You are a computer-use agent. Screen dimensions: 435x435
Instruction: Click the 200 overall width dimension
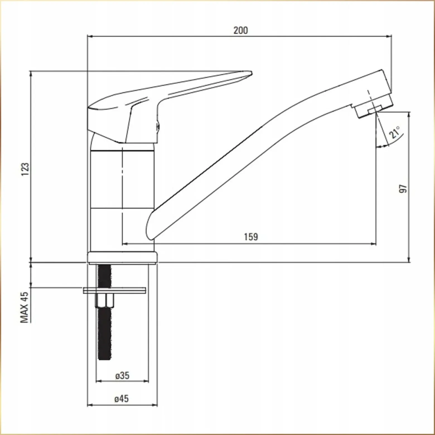(241, 30)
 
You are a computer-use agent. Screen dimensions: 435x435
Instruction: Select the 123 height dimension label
(25, 169)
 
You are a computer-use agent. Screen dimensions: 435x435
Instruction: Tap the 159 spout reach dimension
(251, 237)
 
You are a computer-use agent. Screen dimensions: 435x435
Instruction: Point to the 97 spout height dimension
(403, 188)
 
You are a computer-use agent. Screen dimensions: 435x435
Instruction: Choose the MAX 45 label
(25, 308)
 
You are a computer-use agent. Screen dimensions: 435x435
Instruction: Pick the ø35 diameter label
(122, 376)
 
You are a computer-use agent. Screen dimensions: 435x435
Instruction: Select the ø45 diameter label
(122, 399)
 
